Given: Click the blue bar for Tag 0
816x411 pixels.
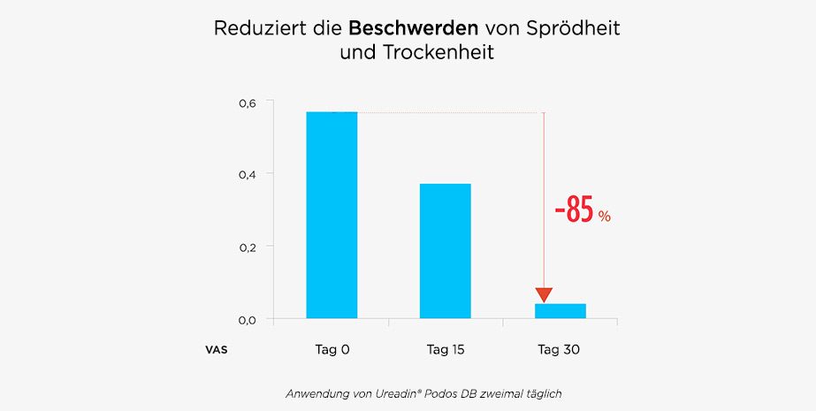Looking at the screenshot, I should click(x=332, y=215).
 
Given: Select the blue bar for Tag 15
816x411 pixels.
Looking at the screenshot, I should click(x=446, y=250).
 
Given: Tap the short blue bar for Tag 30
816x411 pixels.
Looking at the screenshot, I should click(x=560, y=310).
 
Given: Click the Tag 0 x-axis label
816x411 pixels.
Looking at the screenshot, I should click(x=332, y=350).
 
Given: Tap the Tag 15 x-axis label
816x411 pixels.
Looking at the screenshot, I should click(x=446, y=350).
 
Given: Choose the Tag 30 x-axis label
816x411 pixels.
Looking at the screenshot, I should click(x=559, y=350).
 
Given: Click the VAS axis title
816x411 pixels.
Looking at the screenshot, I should click(x=217, y=350).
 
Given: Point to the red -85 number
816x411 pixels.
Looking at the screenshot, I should click(x=574, y=212).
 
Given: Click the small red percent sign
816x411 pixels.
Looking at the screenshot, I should click(x=605, y=217).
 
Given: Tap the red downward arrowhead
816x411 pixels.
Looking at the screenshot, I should click(x=544, y=295).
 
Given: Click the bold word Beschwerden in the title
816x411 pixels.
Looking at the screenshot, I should click(x=408, y=27).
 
